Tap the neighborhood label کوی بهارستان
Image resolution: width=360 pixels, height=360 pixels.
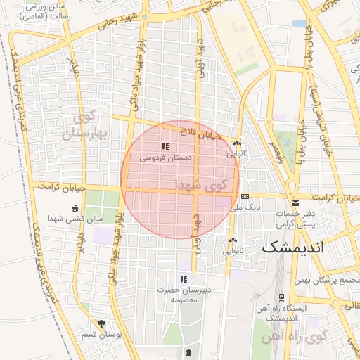point(87,125)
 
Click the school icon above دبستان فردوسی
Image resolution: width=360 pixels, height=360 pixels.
point(165,146)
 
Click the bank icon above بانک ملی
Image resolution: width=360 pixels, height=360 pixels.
point(245,197)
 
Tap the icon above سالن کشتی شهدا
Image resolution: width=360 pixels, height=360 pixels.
point(75,207)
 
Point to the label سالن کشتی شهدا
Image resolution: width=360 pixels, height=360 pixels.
point(75,219)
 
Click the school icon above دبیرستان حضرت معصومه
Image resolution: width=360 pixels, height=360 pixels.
point(184,279)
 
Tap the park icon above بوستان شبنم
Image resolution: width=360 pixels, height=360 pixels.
point(102,324)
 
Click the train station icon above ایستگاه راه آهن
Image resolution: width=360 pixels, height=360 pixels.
point(282,297)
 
